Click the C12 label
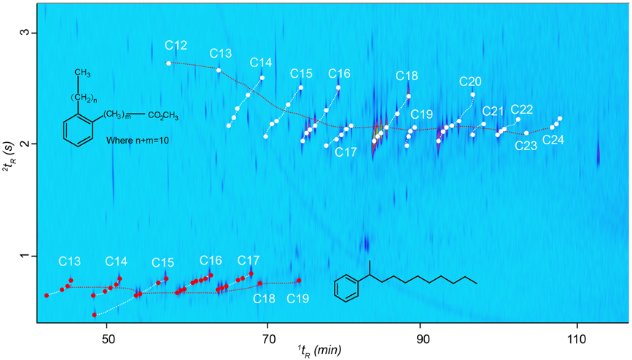[x=176, y=46]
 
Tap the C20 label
[x=470, y=81]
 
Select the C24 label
[x=553, y=140]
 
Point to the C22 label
[x=522, y=109]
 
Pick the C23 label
[x=526, y=145]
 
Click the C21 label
[x=493, y=111]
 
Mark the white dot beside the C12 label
[x=169, y=63]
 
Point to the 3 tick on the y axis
[x=24, y=33]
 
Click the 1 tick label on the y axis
[x=24, y=257]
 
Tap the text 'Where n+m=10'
[x=138, y=139]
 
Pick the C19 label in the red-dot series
[x=299, y=298]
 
